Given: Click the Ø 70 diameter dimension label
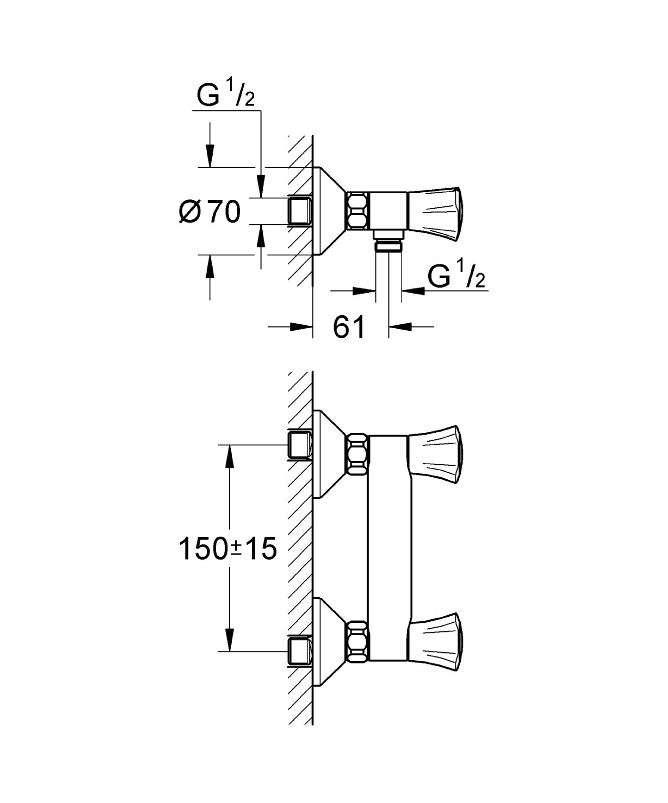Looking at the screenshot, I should click(x=210, y=212).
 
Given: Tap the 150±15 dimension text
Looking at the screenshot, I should click(x=228, y=549).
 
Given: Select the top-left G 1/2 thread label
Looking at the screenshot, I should click(x=225, y=96).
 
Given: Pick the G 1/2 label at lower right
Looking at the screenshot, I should click(x=457, y=277).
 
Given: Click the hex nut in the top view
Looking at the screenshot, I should click(x=358, y=211).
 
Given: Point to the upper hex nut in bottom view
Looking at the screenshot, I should click(x=358, y=454).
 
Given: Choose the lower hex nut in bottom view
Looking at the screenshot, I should click(x=358, y=641).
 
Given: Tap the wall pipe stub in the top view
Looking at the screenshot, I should click(x=300, y=211).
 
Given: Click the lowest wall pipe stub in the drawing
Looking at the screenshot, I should click(x=300, y=651).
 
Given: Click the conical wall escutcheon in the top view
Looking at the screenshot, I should click(x=327, y=211).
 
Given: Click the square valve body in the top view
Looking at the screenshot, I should click(x=388, y=211).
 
